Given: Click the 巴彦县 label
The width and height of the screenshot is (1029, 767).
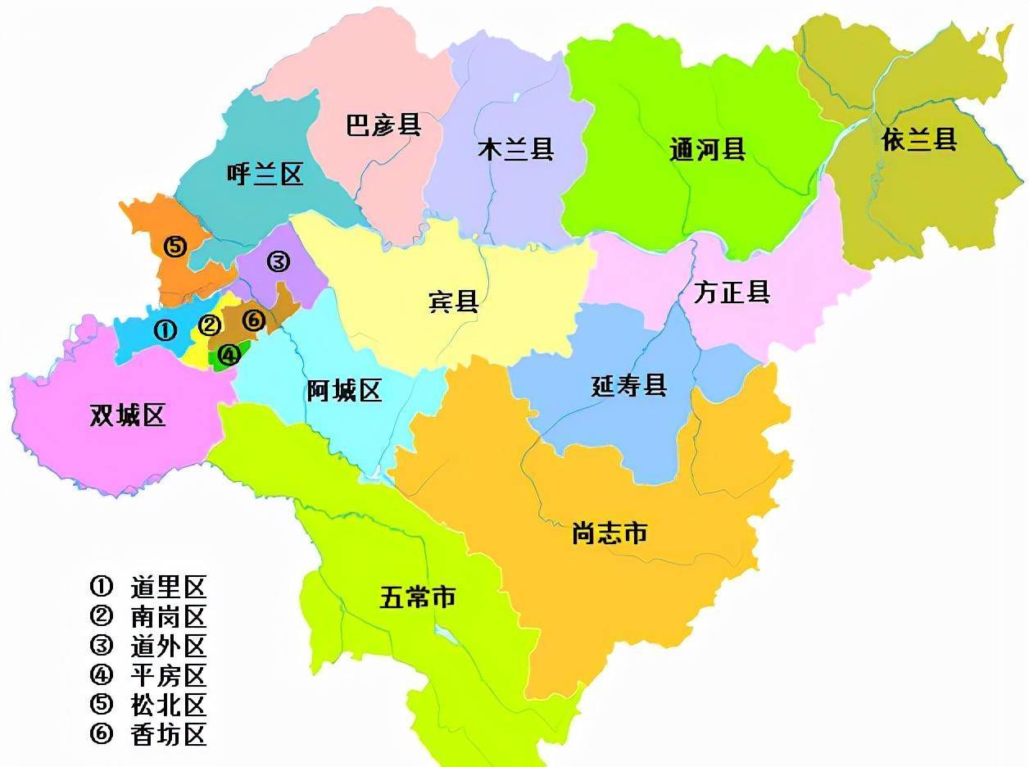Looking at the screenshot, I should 383,126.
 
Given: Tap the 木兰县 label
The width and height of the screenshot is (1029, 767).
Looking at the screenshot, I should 515,149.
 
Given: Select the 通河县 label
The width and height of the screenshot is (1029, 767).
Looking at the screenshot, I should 707,149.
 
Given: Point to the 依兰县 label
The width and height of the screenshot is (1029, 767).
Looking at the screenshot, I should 919,139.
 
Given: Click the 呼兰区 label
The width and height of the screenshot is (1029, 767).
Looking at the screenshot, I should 264,175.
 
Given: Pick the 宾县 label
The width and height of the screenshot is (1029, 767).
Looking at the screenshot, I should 453,302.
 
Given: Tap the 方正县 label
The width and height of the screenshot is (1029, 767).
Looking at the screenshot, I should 732,292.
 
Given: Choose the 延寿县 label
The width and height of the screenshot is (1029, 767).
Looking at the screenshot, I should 629,385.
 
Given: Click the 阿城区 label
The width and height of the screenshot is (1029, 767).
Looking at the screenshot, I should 344,391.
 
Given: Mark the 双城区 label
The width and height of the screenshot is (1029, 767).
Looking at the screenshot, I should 128,415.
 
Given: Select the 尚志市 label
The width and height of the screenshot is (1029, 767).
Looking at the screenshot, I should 610,534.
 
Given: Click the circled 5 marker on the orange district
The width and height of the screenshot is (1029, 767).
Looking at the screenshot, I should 175,246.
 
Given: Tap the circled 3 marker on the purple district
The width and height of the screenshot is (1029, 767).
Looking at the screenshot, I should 278,261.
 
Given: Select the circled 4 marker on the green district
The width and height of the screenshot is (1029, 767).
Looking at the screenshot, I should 229,355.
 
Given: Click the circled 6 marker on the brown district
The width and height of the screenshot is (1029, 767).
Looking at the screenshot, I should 254,320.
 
